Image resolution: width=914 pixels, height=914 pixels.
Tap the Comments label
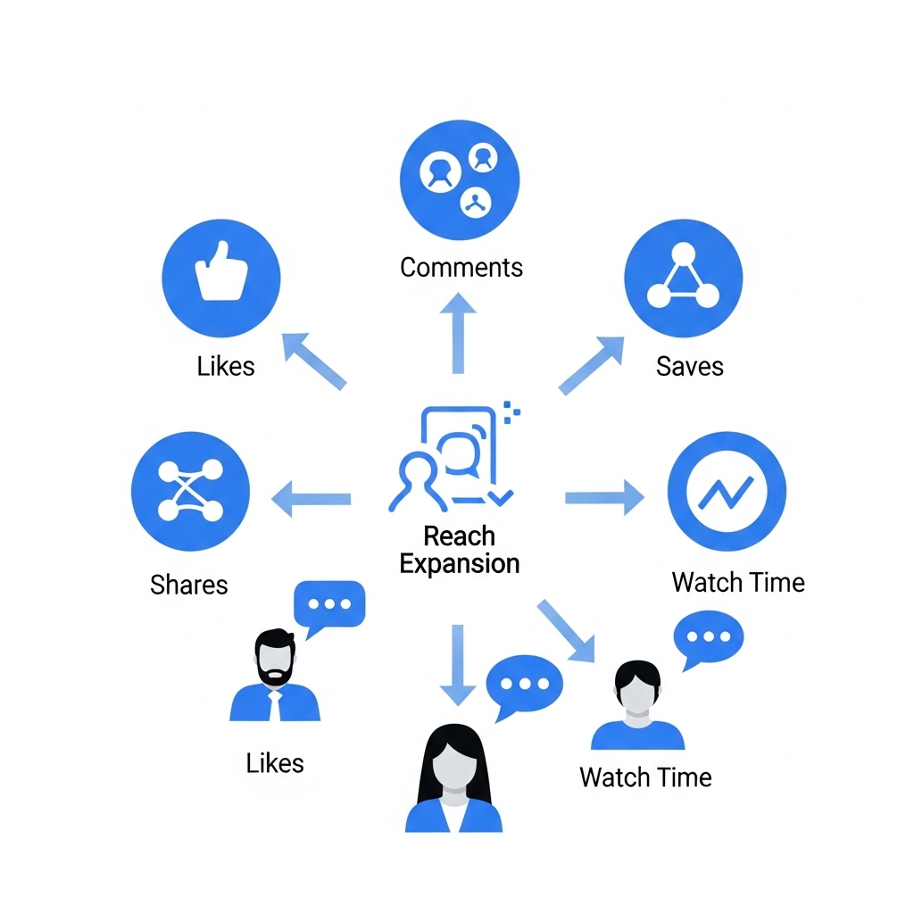(461, 267)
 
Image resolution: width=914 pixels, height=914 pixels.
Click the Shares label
(189, 585)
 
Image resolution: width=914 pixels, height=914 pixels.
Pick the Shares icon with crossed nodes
(190, 491)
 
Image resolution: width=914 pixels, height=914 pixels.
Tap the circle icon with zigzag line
(727, 491)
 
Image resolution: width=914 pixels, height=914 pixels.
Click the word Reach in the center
(459, 536)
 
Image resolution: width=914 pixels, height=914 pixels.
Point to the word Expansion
(460, 564)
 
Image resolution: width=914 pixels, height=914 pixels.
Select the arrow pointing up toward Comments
(458, 335)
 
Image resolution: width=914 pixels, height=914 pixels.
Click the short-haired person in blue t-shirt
(637, 705)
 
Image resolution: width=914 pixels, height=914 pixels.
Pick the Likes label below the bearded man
(275, 763)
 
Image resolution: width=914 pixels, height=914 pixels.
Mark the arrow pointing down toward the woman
(458, 665)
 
